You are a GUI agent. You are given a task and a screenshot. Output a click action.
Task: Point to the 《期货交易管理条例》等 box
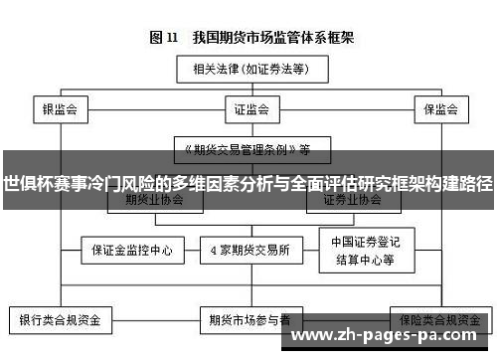[x=245, y=150]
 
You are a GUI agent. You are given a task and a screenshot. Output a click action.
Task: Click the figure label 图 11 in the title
[x=163, y=39]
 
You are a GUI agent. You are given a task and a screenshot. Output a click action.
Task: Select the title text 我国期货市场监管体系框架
[x=266, y=39]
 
